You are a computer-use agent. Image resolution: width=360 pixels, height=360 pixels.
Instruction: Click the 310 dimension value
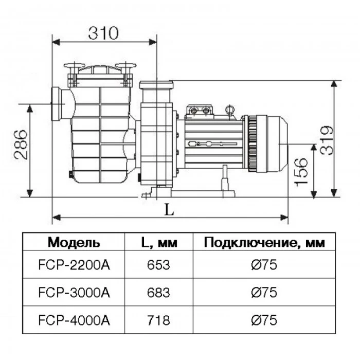pos(103,33)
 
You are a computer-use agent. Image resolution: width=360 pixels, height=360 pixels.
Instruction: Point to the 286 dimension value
pos(21,145)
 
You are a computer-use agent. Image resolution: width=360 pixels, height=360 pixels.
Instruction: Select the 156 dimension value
pos(301,172)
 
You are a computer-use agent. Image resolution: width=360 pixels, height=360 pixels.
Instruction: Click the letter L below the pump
pos(169,210)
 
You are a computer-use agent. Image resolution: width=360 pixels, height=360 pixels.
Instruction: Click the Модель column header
pos(74,242)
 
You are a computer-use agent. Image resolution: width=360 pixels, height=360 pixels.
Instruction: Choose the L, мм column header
pos(159,242)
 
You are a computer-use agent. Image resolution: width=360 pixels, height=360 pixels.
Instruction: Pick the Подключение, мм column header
pos(264,242)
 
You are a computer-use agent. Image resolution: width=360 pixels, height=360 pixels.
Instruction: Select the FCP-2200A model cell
pos(74,265)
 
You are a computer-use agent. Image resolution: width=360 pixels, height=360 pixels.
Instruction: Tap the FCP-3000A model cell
pos(74,293)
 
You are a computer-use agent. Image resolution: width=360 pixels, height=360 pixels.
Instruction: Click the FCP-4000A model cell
pos(74,320)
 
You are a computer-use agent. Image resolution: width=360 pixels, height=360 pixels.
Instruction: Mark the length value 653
pos(158,265)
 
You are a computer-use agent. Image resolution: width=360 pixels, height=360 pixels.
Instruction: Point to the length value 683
pos(158,293)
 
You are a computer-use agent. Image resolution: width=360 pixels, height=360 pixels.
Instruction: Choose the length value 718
pos(158,320)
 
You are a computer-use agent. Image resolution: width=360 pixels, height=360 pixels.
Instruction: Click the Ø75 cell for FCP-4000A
pos(264,320)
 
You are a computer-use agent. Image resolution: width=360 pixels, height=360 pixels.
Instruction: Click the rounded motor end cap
pos(273,143)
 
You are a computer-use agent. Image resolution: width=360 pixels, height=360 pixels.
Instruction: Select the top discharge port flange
pos(156,85)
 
